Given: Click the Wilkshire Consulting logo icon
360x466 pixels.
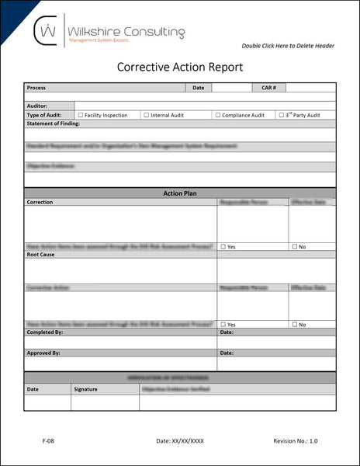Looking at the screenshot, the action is (x=48, y=32).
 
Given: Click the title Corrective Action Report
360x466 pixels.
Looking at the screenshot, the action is (x=180, y=68).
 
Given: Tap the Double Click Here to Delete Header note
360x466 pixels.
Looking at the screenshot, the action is (x=288, y=46).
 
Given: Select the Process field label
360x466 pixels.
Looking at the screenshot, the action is (x=36, y=89).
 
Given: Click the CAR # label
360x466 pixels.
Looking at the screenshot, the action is (x=269, y=89).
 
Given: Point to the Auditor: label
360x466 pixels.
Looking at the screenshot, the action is (x=37, y=106).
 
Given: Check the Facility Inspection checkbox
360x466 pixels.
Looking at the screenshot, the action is (x=80, y=115).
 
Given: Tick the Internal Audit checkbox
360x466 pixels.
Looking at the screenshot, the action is (x=147, y=115).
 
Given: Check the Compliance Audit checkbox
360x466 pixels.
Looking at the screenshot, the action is (x=218, y=115).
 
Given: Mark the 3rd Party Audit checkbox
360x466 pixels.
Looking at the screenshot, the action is (x=282, y=115).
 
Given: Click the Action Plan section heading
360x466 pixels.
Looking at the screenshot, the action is (x=180, y=193).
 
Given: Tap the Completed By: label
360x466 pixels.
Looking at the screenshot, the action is (x=45, y=332).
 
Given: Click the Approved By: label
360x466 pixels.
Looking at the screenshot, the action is (x=43, y=353).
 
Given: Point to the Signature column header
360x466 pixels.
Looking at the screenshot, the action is (x=86, y=388).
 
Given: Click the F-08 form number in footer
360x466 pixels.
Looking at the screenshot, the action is (x=48, y=440).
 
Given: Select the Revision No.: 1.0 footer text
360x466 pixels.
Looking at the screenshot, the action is (x=295, y=440).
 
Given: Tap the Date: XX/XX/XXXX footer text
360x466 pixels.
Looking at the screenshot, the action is (x=180, y=440).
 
